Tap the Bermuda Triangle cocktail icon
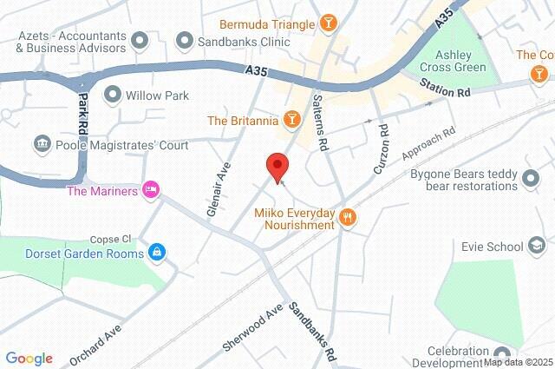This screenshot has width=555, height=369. (329, 23)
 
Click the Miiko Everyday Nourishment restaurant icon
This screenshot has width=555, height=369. (348, 217)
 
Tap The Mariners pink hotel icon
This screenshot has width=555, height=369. (152, 190)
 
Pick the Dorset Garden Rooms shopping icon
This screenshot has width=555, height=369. (157, 253)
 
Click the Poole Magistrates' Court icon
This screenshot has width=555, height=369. (41, 142)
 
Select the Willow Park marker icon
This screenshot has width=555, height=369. (111, 94)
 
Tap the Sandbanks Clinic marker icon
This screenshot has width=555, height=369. (184, 40)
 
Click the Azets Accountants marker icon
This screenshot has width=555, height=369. (140, 39)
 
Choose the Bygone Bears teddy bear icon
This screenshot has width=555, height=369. (532, 180)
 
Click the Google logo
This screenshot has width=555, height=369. (29, 359)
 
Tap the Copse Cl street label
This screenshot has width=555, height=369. (110, 239)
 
